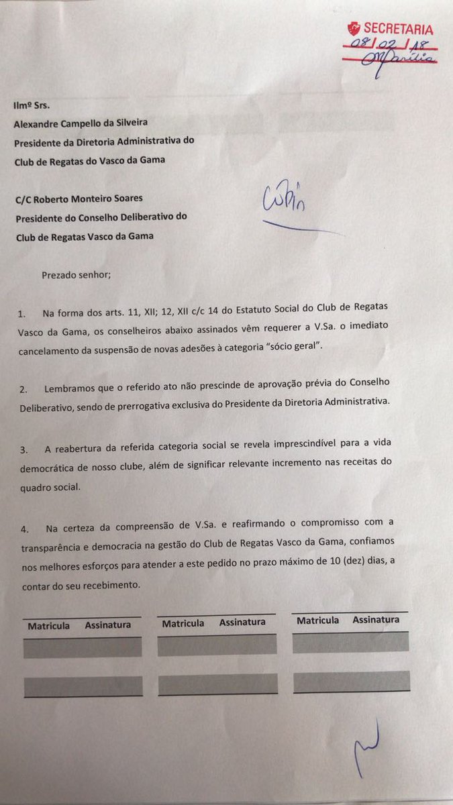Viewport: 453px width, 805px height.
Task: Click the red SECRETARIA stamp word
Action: (398, 29)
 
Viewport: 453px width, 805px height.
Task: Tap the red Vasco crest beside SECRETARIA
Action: (352, 29)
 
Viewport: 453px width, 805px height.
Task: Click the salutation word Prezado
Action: (62, 275)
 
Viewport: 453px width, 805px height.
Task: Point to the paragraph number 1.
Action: (21, 314)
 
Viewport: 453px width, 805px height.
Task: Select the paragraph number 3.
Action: (21, 444)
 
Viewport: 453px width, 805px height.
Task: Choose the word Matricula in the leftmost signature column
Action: (48, 625)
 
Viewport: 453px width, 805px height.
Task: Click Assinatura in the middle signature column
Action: (242, 623)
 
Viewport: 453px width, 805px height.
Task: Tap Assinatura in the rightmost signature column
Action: (376, 620)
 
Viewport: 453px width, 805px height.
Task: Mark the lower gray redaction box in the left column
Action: (83, 686)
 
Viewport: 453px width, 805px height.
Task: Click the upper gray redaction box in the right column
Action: (350, 642)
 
